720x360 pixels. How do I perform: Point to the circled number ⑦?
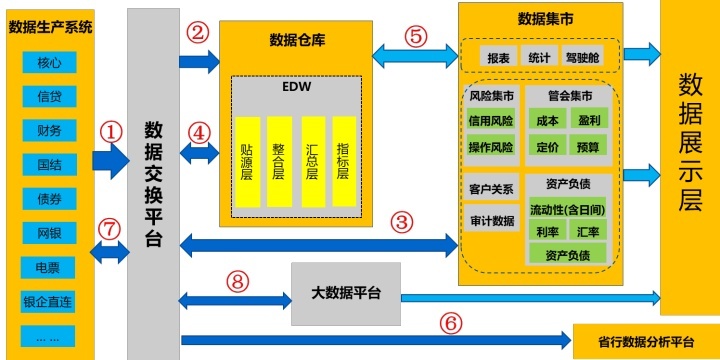pos(109,228)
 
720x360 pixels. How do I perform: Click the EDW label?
pos(296,87)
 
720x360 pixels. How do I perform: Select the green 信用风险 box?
pos(491,120)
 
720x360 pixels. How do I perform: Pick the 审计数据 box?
pos(491,221)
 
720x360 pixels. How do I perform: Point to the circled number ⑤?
pos(415,33)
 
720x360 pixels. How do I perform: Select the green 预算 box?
pos(588,147)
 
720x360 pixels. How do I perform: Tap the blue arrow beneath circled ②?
pos(199,63)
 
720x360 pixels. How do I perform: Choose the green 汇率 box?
pos(588,232)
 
